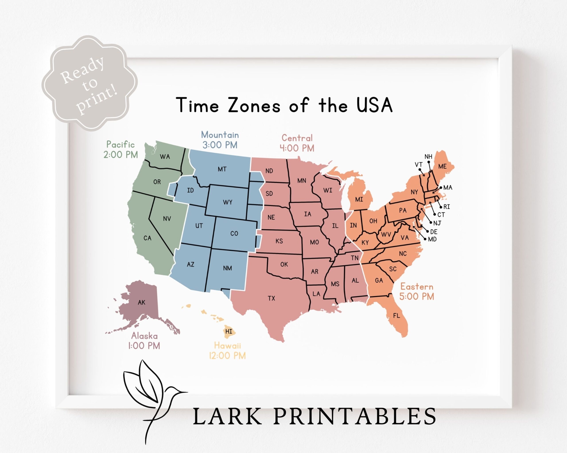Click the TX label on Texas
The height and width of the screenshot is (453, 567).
click(271, 298)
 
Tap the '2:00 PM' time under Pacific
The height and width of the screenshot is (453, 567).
click(121, 155)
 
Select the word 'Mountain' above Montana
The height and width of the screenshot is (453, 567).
click(220, 135)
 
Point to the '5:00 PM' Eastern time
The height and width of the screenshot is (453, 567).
click(417, 296)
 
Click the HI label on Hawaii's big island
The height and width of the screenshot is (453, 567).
click(229, 331)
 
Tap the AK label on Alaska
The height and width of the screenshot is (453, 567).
click(142, 303)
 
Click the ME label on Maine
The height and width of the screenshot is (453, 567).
click(442, 167)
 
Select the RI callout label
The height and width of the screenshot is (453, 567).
click(447, 207)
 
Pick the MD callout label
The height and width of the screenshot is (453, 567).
click(432, 239)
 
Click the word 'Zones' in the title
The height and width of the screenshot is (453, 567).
click(254, 105)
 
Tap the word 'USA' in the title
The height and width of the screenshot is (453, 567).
click(375, 105)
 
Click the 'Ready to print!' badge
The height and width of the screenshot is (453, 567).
click(89, 84)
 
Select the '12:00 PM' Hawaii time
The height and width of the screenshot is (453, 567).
click(227, 356)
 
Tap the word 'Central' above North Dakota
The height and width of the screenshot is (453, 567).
click(297, 138)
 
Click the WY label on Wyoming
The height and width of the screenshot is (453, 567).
click(227, 202)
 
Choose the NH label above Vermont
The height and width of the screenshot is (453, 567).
click(428, 157)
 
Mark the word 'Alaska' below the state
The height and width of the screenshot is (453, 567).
click(144, 336)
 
